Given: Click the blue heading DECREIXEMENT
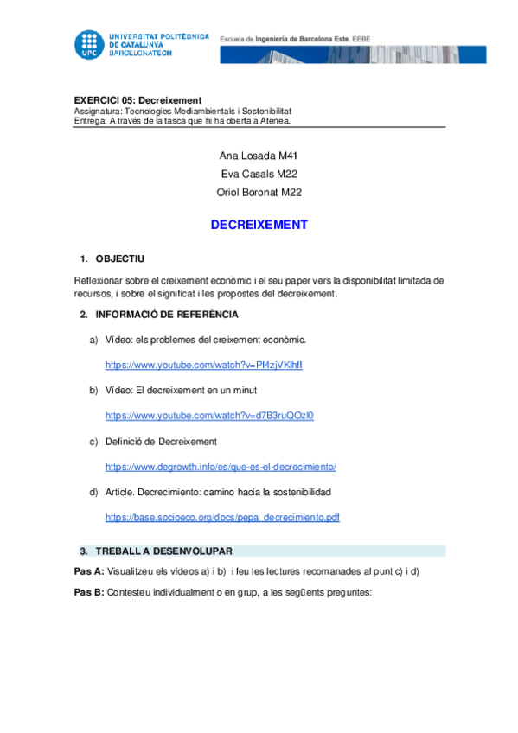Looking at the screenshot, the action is pyautogui.click(x=259, y=225).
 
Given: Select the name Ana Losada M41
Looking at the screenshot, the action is pyautogui.click(x=259, y=156).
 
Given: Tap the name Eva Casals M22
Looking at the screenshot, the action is pyautogui.click(x=259, y=174).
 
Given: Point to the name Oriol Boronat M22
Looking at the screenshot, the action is pyautogui.click(x=259, y=192).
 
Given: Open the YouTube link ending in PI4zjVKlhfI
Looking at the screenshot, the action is pyautogui.click(x=204, y=366).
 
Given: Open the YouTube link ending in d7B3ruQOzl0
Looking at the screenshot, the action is pyautogui.click(x=209, y=416).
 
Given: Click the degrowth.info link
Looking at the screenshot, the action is pyautogui.click(x=221, y=467).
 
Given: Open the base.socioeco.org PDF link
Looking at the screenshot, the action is pyautogui.click(x=222, y=517).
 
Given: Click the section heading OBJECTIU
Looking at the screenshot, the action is pyautogui.click(x=120, y=258).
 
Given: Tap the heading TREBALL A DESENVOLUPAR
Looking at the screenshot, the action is pyautogui.click(x=163, y=551).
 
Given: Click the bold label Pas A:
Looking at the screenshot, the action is pyautogui.click(x=89, y=571).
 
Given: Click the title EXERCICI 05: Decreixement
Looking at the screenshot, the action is pyautogui.click(x=137, y=100).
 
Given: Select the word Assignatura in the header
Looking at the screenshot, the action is pyautogui.click(x=98, y=111).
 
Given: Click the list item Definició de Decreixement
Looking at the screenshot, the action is pyautogui.click(x=161, y=442).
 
